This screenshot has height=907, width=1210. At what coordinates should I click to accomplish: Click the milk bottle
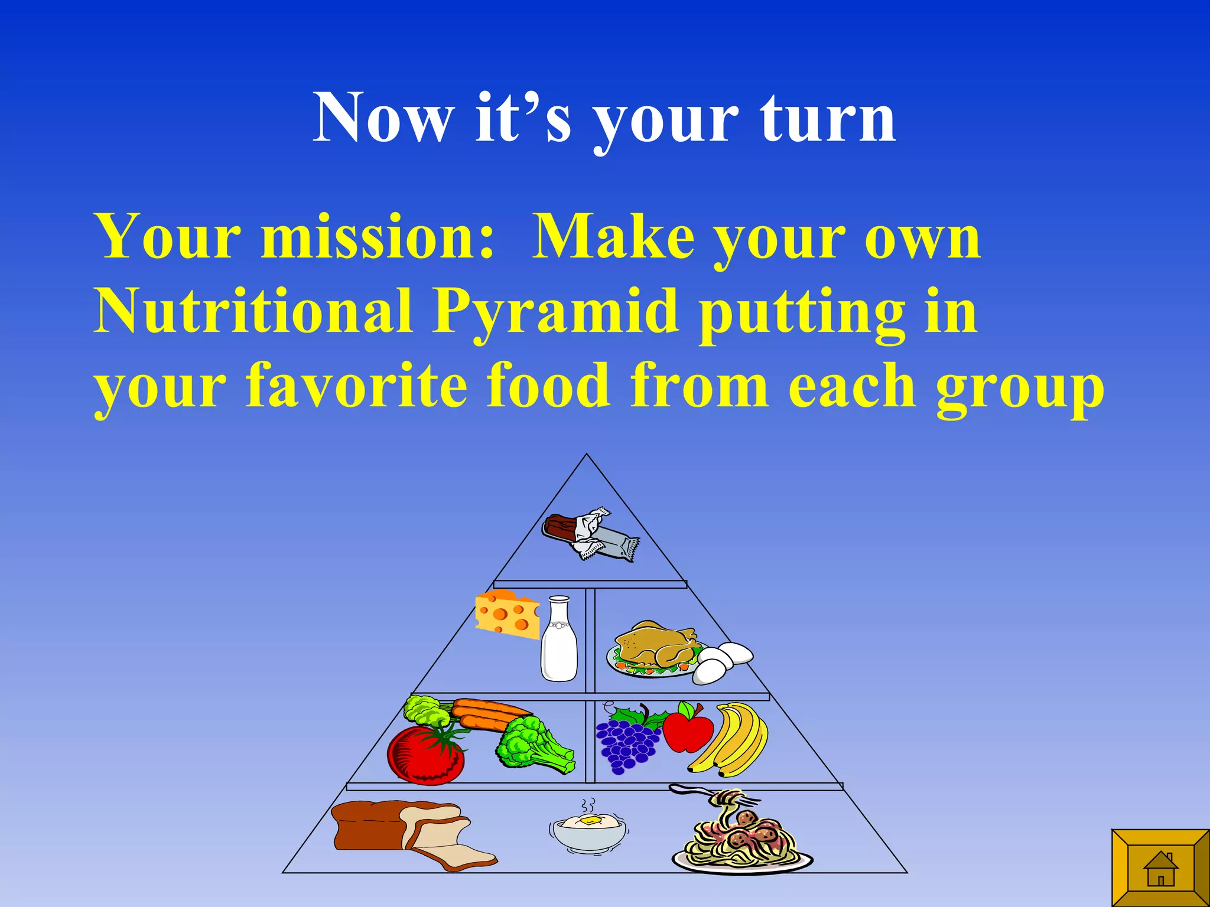click(559, 641)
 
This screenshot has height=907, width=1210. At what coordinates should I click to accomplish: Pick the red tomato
click(425, 756)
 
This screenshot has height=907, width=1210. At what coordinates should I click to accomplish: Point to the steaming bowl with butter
click(589, 830)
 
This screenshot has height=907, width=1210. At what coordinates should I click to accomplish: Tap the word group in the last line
click(1020, 390)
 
